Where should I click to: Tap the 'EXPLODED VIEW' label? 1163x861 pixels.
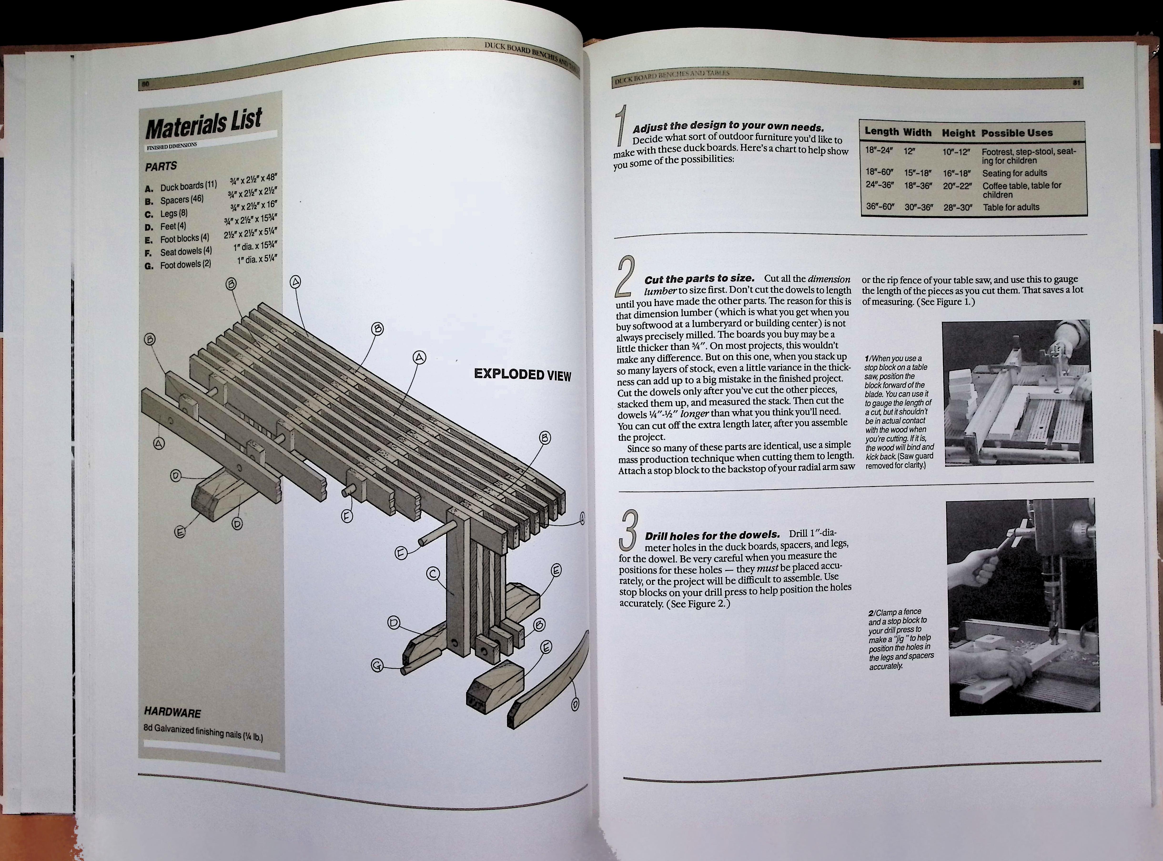tap(522, 375)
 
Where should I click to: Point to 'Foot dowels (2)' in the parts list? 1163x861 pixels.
tap(185, 264)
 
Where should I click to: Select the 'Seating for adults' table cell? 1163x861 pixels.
tap(1014, 173)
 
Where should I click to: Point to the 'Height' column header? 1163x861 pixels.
tap(958, 133)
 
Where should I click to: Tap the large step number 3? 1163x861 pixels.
tap(629, 530)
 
